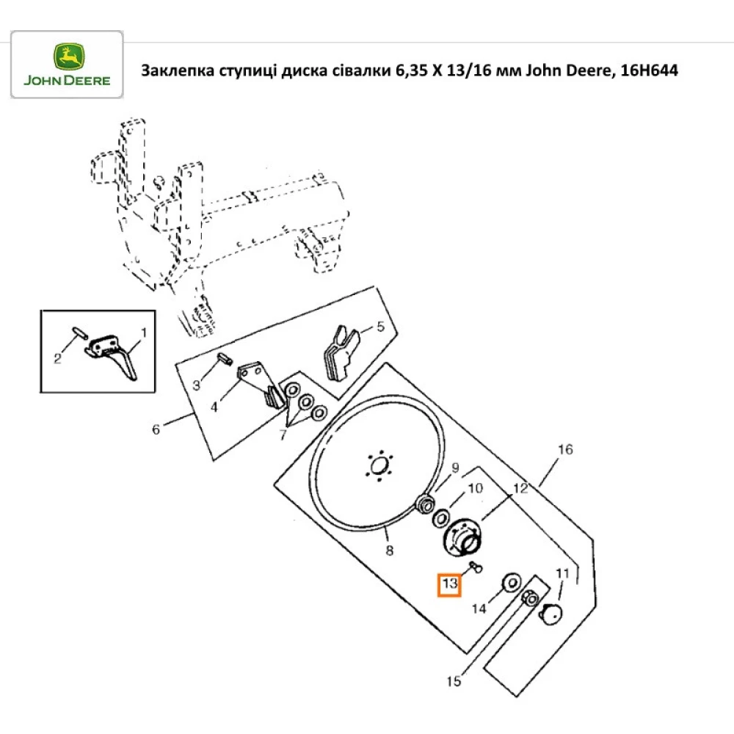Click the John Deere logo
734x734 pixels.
point(67,65)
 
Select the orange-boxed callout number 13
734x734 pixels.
point(449,585)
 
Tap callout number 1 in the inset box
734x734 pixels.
point(143,333)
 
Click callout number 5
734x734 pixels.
point(380,327)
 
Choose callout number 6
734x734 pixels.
point(156,429)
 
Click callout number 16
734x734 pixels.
point(564,449)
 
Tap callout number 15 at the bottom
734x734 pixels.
point(454,682)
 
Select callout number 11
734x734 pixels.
point(562,573)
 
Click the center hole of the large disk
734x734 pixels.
point(379,466)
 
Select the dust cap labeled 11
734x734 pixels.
point(552,614)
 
